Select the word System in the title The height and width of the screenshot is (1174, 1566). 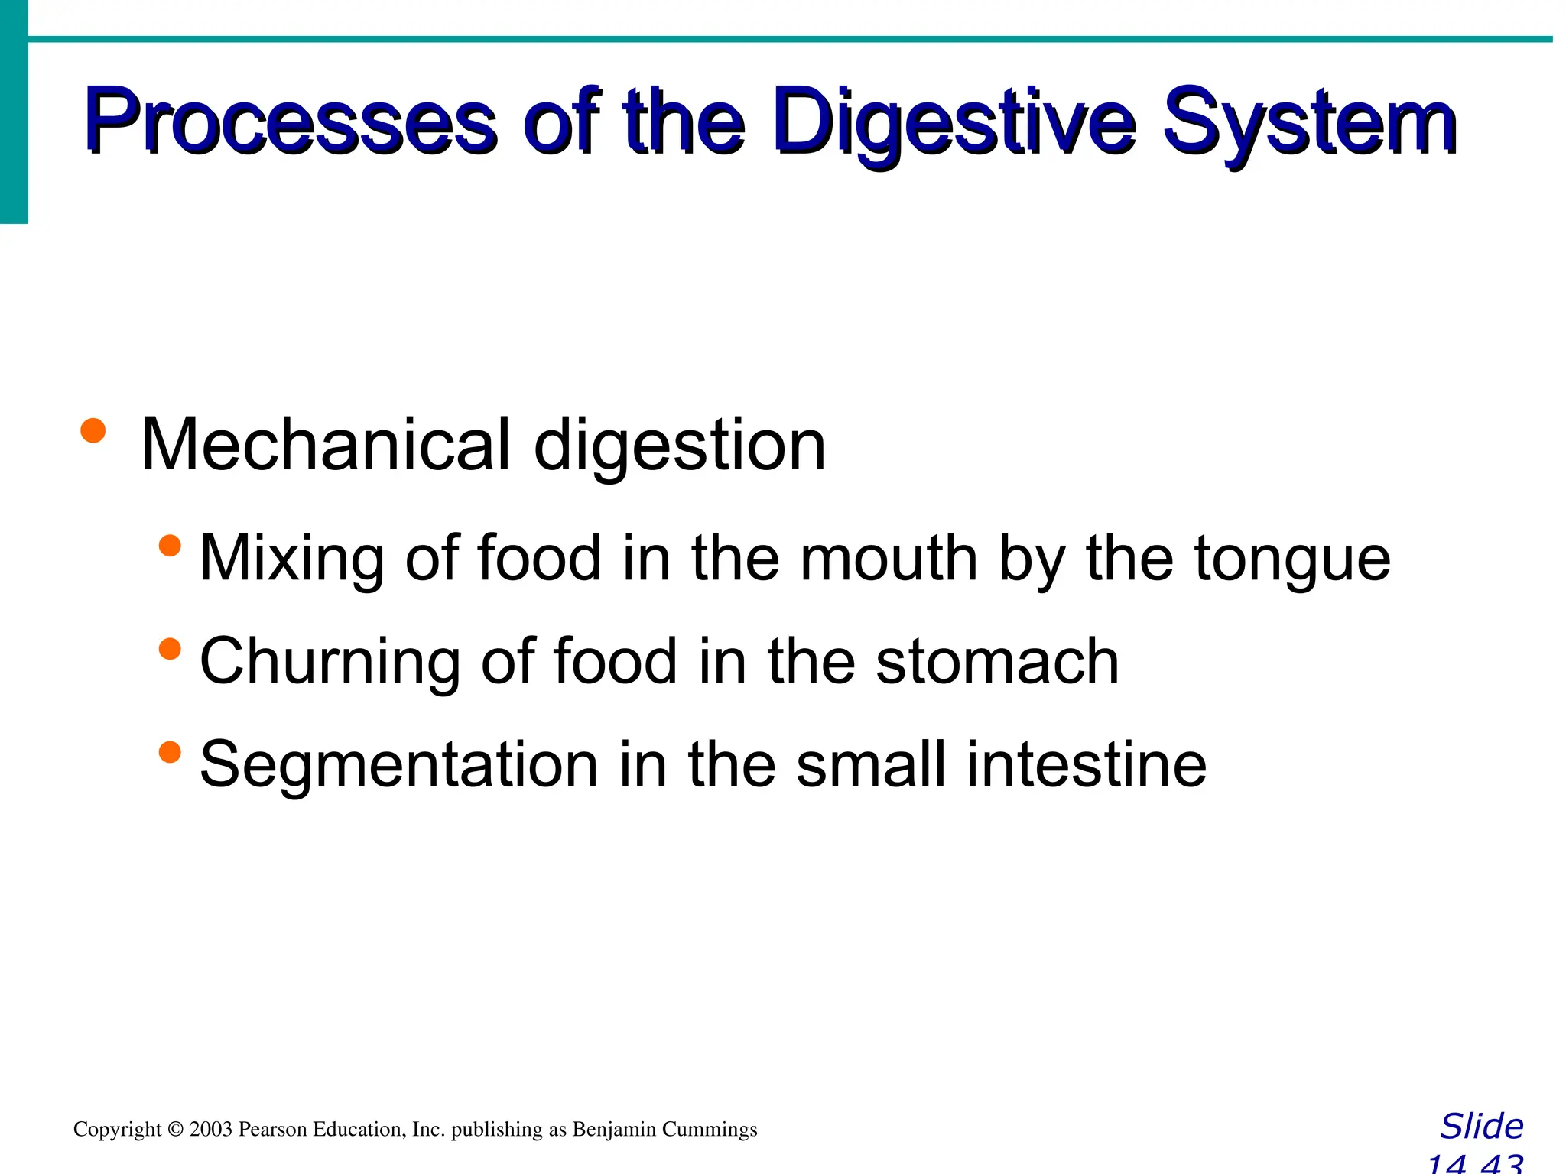(x=1309, y=122)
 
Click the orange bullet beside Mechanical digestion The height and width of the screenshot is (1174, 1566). (x=93, y=430)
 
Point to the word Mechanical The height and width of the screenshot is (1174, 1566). (x=326, y=445)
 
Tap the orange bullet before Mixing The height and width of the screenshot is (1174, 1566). (x=170, y=546)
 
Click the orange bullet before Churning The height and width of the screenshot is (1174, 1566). (x=170, y=649)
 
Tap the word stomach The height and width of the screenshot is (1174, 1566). (x=997, y=661)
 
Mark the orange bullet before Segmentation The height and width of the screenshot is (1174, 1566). (x=170, y=752)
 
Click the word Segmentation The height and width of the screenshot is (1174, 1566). (x=398, y=764)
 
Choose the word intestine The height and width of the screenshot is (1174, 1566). (x=1086, y=764)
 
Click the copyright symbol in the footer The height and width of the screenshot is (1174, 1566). (x=175, y=1130)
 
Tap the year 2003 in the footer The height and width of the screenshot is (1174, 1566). (x=210, y=1130)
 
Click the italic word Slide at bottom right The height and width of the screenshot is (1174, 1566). (x=1481, y=1127)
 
